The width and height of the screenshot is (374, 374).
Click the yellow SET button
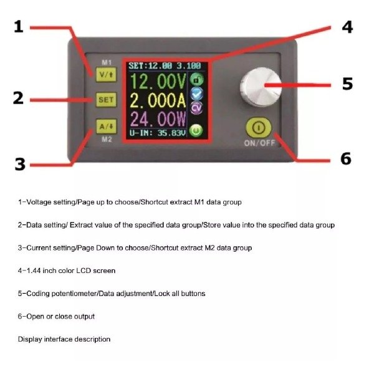[107, 100]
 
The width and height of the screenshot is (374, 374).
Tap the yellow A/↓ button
[107, 127]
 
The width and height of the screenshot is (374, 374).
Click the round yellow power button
[259, 128]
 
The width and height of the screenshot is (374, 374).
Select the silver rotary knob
[261, 87]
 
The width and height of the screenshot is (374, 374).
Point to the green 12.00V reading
[158, 82]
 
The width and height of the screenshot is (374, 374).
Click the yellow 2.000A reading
[158, 100]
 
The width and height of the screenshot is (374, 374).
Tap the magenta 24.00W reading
[158, 119]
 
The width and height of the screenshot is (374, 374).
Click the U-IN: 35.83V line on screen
[158, 133]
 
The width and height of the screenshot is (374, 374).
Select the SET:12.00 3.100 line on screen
[165, 66]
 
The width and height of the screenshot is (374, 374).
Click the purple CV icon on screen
[197, 108]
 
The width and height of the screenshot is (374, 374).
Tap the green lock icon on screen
[197, 80]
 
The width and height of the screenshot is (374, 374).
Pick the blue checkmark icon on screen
[197, 93]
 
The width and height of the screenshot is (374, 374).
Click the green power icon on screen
[196, 130]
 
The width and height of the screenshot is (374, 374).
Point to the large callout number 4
[347, 27]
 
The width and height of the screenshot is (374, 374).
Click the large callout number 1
[19, 26]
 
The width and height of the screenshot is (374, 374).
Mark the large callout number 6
[346, 158]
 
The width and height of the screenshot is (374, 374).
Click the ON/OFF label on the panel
[259, 143]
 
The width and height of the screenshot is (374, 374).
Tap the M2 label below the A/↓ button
[107, 139]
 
